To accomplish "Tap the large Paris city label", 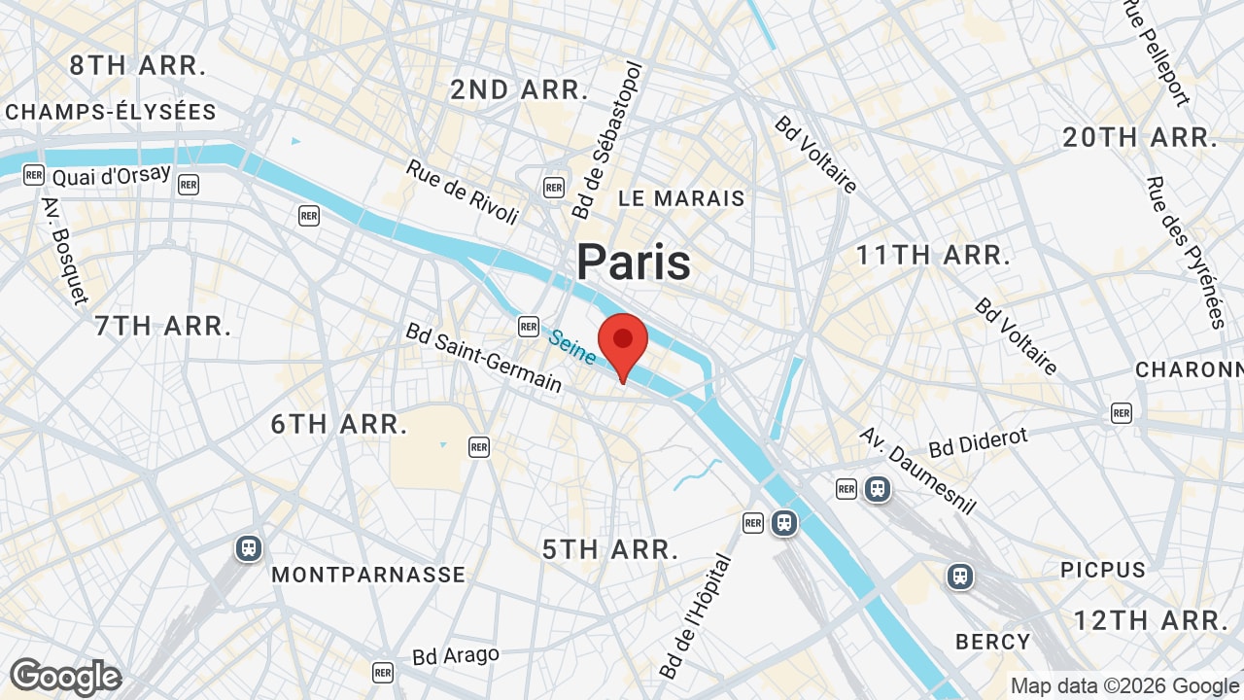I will (x=634, y=262).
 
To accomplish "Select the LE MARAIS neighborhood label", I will (x=681, y=198).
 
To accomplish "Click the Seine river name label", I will (x=571, y=347).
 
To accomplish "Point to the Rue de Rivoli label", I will (x=463, y=192).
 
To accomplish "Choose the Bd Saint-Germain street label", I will (x=484, y=358).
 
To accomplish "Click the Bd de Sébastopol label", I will (x=607, y=141).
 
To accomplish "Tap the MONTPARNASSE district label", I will (x=368, y=575).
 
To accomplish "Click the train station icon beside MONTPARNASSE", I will (x=249, y=548).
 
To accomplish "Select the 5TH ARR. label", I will (x=610, y=549).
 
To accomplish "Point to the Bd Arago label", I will (x=456, y=656).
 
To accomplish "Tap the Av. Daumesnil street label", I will (x=917, y=471).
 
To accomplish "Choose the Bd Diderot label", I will (x=978, y=442).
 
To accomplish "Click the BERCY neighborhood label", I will (x=992, y=642).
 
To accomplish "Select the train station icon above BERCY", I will (x=960, y=577).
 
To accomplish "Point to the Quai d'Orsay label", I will (x=111, y=176).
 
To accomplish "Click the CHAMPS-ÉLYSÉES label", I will (x=111, y=112).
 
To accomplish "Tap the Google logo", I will (x=65, y=677).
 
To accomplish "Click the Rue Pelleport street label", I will (x=1157, y=52).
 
